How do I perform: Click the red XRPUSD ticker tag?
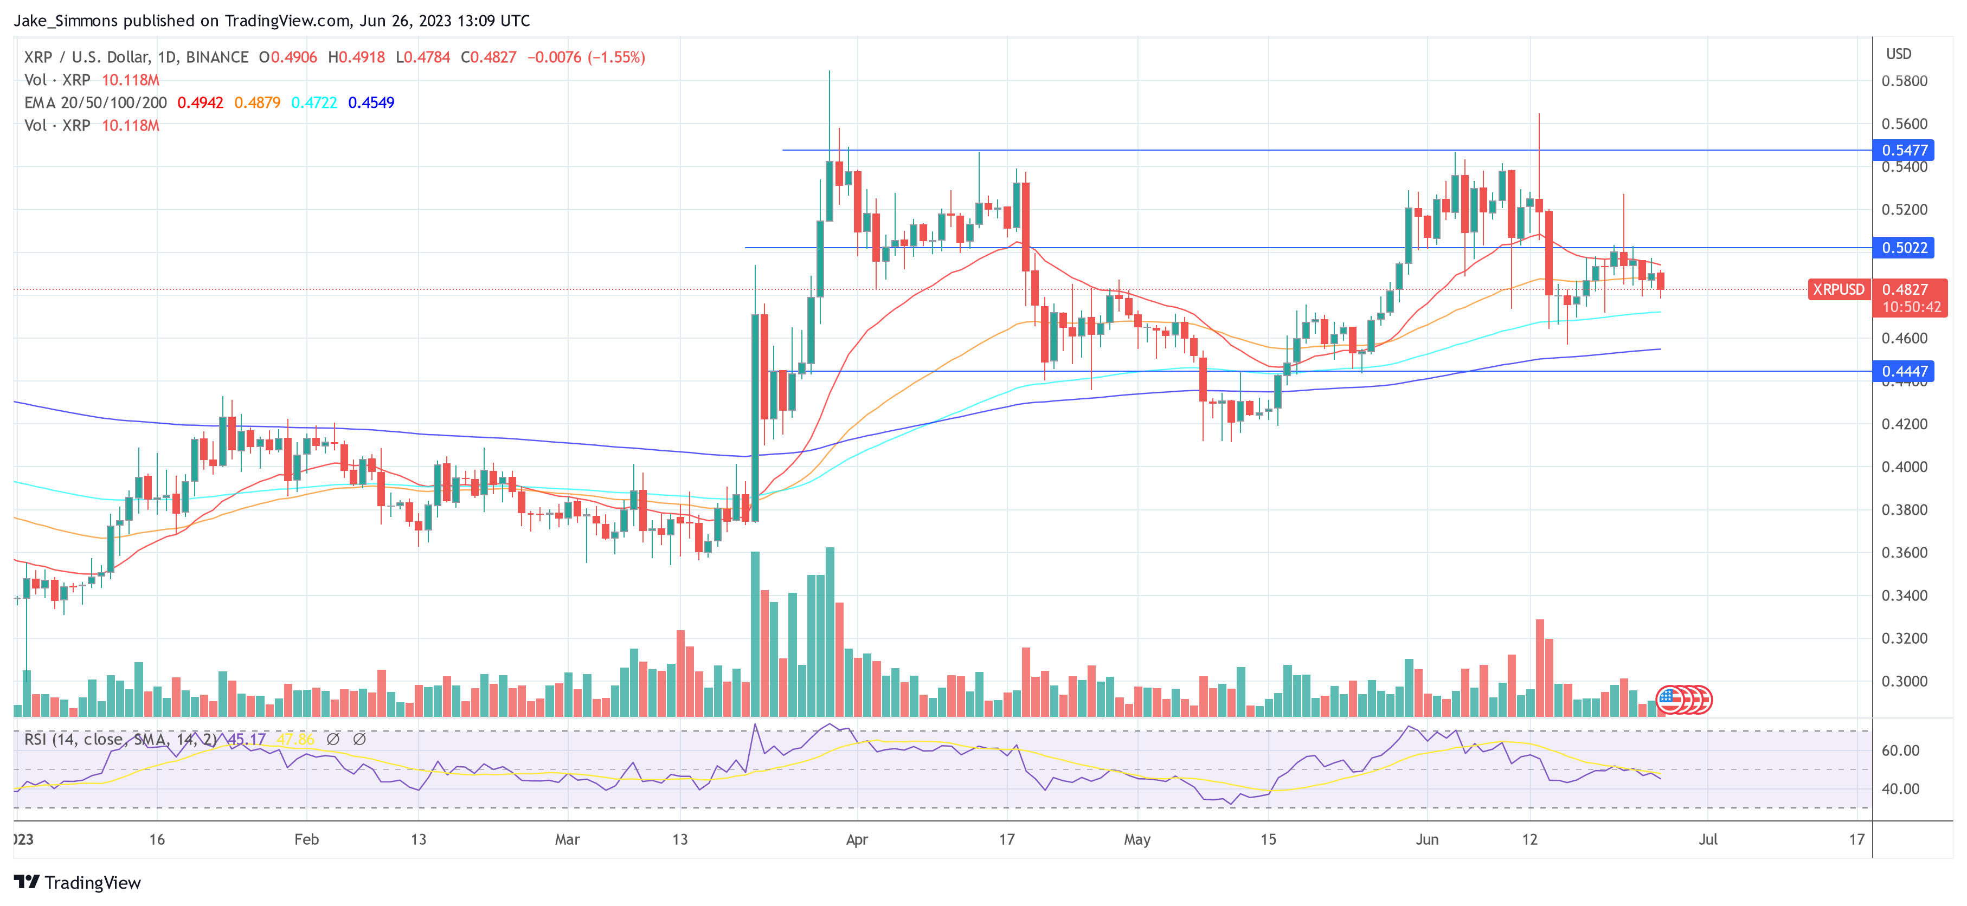pos(1839,290)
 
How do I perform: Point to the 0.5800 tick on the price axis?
pos(1905,81)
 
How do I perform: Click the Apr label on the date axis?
pos(857,839)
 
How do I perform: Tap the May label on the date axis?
pos(1137,839)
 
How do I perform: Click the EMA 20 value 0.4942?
pos(200,103)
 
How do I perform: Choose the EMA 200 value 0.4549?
pos(371,103)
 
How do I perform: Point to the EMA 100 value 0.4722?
pos(314,103)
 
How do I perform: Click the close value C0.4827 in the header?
pos(488,57)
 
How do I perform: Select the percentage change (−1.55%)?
pos(616,57)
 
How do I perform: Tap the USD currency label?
pos(1899,54)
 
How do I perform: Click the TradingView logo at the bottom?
pos(78,883)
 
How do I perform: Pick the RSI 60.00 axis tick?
pos(1900,751)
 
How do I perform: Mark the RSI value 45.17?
pos(247,740)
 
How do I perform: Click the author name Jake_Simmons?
pos(66,21)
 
